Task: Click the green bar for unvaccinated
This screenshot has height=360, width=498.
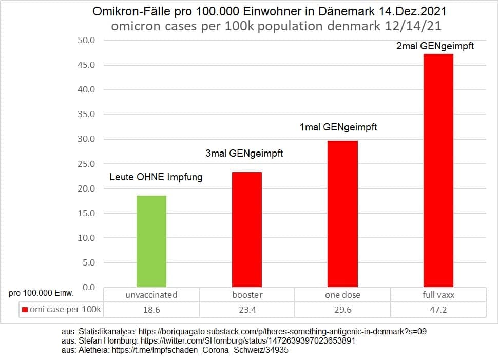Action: pos(151,241)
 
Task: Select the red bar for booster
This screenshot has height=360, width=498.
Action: pos(247,229)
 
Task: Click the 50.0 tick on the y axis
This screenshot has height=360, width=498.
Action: pos(86,40)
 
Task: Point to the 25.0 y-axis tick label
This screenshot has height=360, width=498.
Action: pos(86,164)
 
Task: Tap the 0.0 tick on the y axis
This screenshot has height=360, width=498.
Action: pos(88,287)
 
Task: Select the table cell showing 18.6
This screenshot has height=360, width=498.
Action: pos(151,310)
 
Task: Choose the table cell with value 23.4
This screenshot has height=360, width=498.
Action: pos(247,310)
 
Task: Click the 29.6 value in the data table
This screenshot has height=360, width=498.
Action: pos(342,310)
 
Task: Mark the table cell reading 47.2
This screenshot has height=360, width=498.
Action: pos(438,310)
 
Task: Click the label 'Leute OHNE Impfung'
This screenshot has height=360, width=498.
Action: pos(156,177)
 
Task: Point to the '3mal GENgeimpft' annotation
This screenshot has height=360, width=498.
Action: pos(244,153)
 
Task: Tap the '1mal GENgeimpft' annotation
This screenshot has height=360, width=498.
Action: pos(338,127)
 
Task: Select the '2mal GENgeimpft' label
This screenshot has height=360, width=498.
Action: pos(435,46)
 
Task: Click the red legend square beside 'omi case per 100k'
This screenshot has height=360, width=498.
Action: pos(25,310)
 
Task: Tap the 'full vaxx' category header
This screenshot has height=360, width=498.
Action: pos(438,295)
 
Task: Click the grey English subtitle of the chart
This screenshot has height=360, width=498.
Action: pos(269,26)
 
